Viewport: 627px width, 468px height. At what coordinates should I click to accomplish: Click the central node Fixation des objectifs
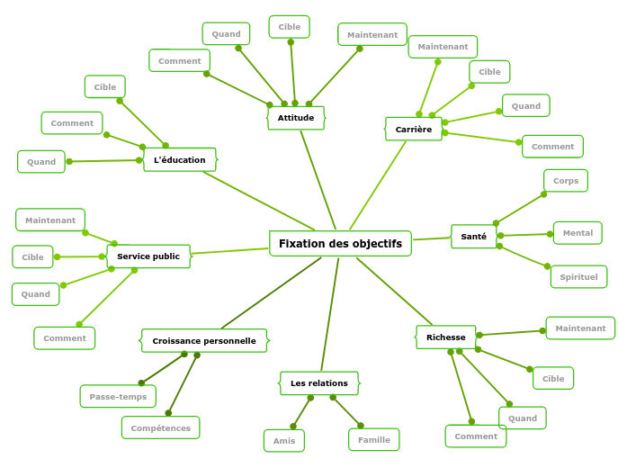tap(340, 244)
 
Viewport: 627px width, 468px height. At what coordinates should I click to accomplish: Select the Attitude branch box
tap(296, 118)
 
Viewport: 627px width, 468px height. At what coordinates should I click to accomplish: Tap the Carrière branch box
tap(414, 130)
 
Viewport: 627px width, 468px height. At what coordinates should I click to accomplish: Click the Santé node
tap(473, 237)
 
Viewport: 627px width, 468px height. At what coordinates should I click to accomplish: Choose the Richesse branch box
tap(446, 337)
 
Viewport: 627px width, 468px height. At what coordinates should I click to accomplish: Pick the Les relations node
tap(318, 383)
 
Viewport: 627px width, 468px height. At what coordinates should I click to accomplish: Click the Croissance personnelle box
tap(204, 341)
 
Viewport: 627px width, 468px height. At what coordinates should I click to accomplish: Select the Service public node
tap(148, 256)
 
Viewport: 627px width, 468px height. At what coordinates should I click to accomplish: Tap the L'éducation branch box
tap(180, 160)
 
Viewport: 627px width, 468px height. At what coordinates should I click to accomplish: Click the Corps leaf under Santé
tap(566, 181)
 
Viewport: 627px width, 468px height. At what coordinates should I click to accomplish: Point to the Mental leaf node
tap(578, 233)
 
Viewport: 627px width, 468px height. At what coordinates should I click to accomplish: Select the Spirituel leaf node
tap(578, 277)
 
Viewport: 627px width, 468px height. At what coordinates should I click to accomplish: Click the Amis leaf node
tap(284, 441)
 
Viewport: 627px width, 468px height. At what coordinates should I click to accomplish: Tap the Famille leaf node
tap(374, 440)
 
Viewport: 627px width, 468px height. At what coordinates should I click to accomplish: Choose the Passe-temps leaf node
tap(118, 397)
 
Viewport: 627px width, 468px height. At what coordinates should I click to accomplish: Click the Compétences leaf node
tap(161, 428)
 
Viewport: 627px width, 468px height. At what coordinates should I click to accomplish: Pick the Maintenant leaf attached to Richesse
tap(580, 328)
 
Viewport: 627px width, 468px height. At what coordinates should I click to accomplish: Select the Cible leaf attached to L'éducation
tap(105, 87)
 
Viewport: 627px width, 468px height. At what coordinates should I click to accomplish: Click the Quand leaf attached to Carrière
tap(526, 106)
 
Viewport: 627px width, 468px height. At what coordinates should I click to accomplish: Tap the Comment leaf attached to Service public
tap(65, 338)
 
